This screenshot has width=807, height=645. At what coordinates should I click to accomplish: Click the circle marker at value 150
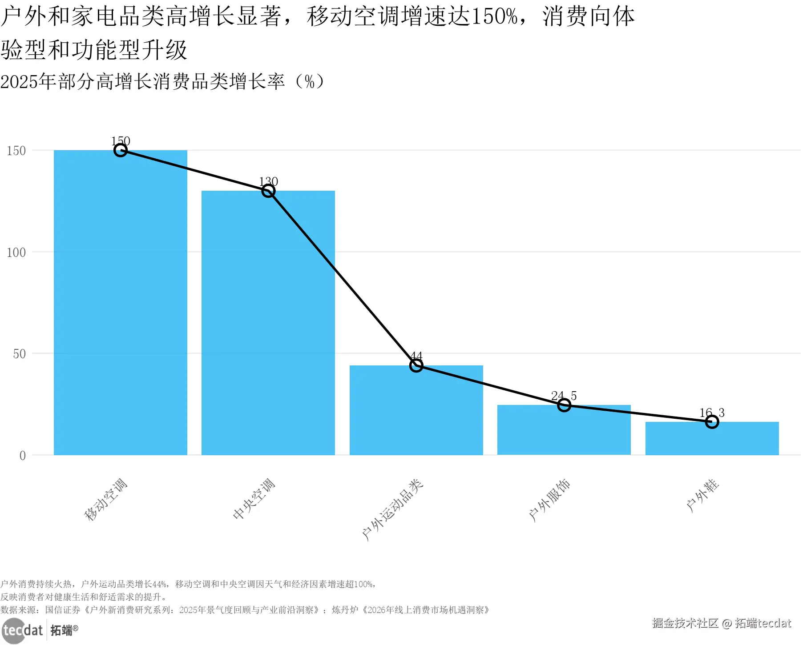pyautogui.click(x=120, y=150)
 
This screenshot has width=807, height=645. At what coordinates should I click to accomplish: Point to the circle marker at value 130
pyautogui.click(x=268, y=191)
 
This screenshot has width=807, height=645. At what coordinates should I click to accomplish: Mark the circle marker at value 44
pyautogui.click(x=416, y=365)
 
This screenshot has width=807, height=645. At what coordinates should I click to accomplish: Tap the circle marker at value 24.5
pyautogui.click(x=564, y=405)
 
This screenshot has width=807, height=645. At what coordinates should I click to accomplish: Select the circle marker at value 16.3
pyautogui.click(x=712, y=422)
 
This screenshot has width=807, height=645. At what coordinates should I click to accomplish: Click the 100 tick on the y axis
pyautogui.click(x=16, y=252)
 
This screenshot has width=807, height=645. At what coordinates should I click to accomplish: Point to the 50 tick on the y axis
pyautogui.click(x=20, y=354)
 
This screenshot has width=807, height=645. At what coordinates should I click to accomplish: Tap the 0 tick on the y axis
pyautogui.click(x=23, y=456)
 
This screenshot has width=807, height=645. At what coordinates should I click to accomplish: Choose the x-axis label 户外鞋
pyautogui.click(x=702, y=495)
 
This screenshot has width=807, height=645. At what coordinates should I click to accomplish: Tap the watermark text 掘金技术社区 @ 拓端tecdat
pyautogui.click(x=721, y=623)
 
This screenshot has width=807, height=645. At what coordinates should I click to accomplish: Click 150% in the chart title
pyautogui.click(x=494, y=17)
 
